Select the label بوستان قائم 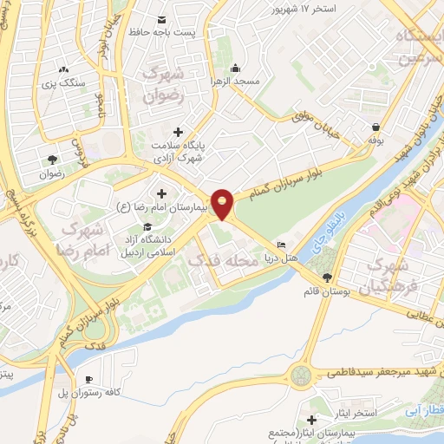point(325,291)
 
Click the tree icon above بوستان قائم point(326,277)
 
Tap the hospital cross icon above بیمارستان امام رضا point(161,193)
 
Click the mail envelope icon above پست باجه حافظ point(162,19)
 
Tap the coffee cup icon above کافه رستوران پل point(89,379)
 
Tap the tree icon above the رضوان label point(51,159)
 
